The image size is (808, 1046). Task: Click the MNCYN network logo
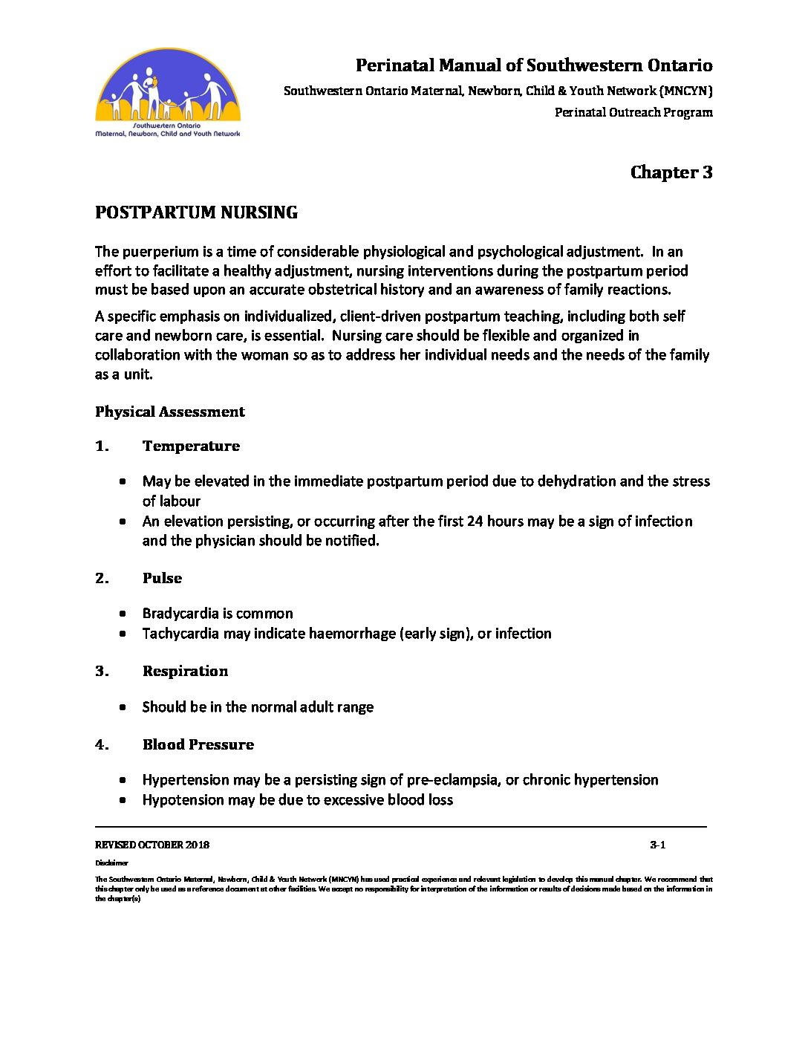pyautogui.click(x=168, y=93)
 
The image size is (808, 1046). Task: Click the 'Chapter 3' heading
pyautogui.click(x=671, y=172)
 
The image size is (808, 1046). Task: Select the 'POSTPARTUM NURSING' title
pyautogui.click(x=196, y=212)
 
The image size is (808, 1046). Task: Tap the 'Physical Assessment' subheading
pyautogui.click(x=169, y=412)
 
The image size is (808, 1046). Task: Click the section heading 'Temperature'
pyautogui.click(x=191, y=446)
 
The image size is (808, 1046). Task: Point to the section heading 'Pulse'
pyautogui.click(x=162, y=578)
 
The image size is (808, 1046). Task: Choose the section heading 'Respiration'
pyautogui.click(x=185, y=671)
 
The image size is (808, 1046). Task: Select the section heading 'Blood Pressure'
pyautogui.click(x=198, y=744)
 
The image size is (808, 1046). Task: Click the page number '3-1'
pyautogui.click(x=657, y=845)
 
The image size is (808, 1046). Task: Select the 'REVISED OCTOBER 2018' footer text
pyautogui.click(x=151, y=845)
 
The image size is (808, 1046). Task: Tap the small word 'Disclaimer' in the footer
pyautogui.click(x=111, y=863)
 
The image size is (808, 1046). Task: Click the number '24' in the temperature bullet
pyautogui.click(x=475, y=522)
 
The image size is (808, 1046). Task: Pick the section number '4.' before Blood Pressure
pyautogui.click(x=102, y=744)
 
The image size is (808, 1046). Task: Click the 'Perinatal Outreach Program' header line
pyautogui.click(x=633, y=113)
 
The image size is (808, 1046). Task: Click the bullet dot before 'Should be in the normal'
pyautogui.click(x=123, y=707)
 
